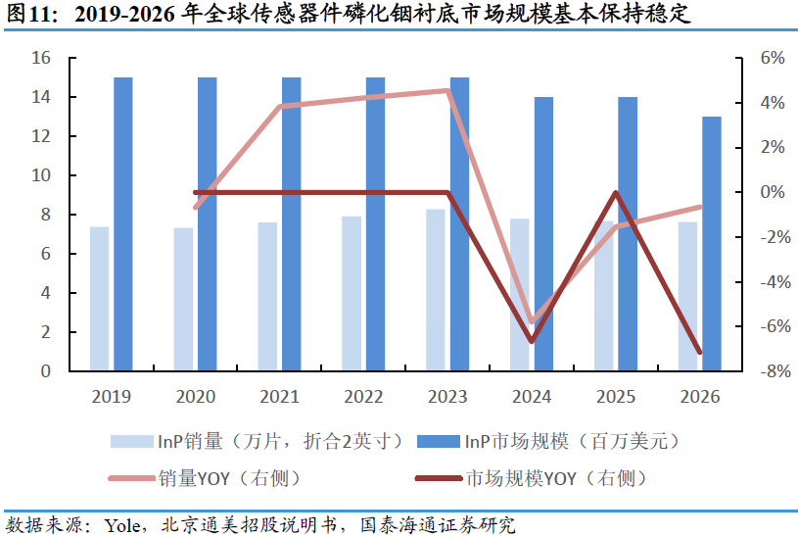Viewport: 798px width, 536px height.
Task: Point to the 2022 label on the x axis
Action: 362,397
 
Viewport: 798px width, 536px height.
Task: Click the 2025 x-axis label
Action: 615,397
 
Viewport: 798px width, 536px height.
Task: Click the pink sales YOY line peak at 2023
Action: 447,91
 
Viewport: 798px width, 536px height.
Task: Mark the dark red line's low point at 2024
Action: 532,340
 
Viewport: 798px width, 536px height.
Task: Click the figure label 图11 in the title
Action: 29,15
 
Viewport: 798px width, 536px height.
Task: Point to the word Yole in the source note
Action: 122,524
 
